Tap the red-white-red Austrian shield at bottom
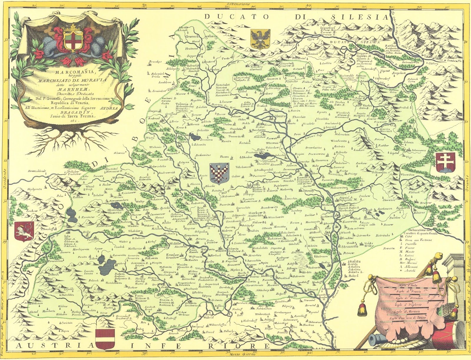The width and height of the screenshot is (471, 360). click(x=105, y=339)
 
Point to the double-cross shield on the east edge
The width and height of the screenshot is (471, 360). click(x=445, y=162)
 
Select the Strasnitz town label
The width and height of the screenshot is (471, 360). click(x=350, y=247)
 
